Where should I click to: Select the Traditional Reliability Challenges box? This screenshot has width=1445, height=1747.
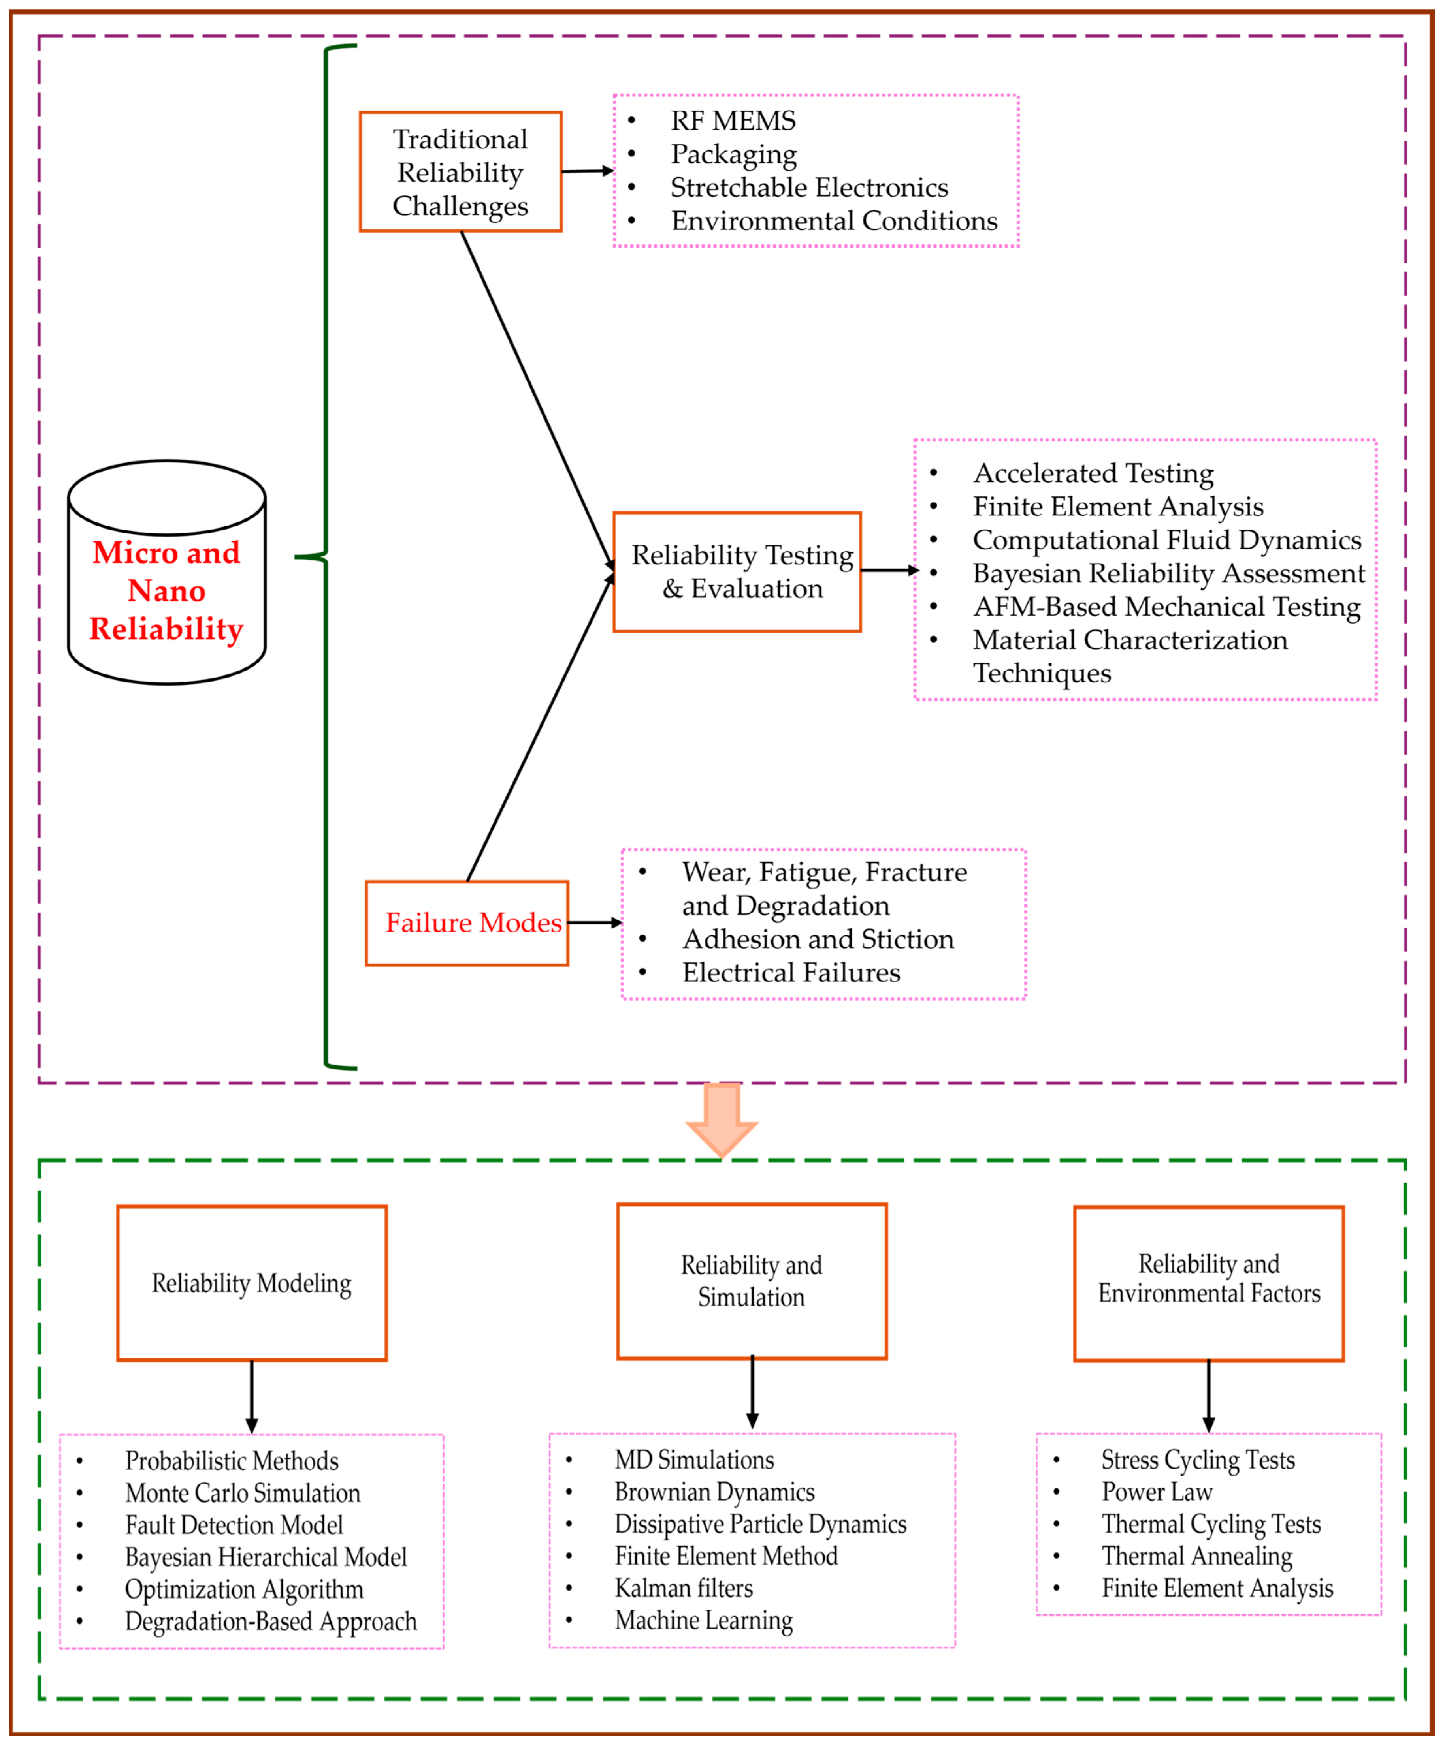coord(460,171)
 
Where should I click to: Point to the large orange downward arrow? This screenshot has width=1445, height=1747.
coord(722,1119)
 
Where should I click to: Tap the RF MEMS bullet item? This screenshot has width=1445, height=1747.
coord(733,120)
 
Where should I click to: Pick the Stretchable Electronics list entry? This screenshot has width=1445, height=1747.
coord(809,188)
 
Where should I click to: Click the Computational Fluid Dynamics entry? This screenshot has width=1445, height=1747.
coord(1167,540)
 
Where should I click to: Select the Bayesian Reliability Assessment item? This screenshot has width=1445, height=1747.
coord(1169,573)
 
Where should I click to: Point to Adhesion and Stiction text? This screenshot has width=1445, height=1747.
coord(818,939)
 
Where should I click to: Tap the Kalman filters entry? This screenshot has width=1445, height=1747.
coord(683,1588)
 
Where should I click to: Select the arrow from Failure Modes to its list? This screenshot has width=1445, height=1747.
coord(594,922)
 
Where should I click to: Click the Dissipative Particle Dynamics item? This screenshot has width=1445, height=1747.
coord(760,1524)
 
